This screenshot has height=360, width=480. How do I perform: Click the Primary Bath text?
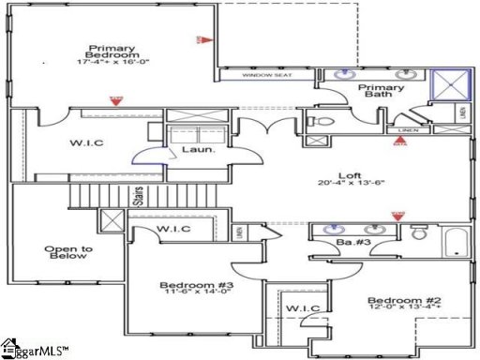click(x=382, y=92)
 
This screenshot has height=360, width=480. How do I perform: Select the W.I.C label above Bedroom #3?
click(x=173, y=229)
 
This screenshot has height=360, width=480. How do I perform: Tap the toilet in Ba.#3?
click(x=416, y=234)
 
